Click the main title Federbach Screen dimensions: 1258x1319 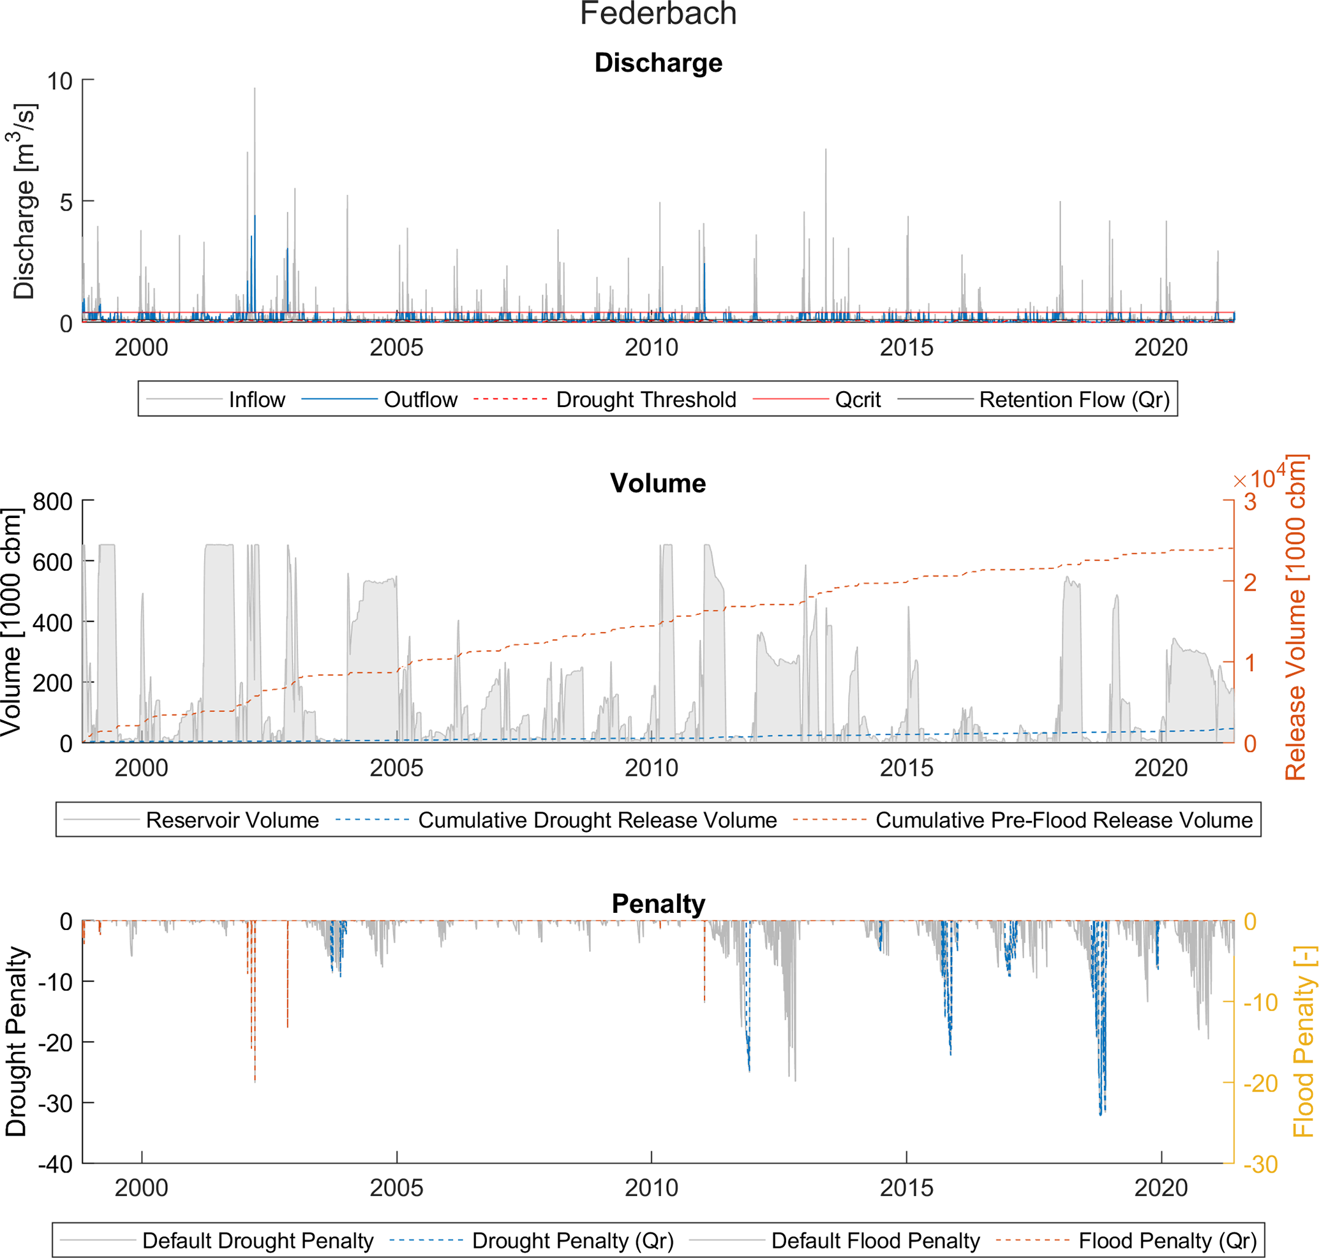coord(658,14)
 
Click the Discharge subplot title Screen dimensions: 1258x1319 coord(658,63)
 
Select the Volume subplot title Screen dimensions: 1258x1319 coord(657,484)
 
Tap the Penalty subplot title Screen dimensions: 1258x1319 coord(658,904)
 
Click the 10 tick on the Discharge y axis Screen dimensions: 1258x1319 coord(60,81)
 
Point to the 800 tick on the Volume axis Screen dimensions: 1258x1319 coord(53,501)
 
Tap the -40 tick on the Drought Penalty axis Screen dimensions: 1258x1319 coord(56,1164)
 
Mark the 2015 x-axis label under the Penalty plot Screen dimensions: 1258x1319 coord(906,1188)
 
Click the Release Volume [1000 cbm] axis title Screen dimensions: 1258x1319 coord(1295,618)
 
